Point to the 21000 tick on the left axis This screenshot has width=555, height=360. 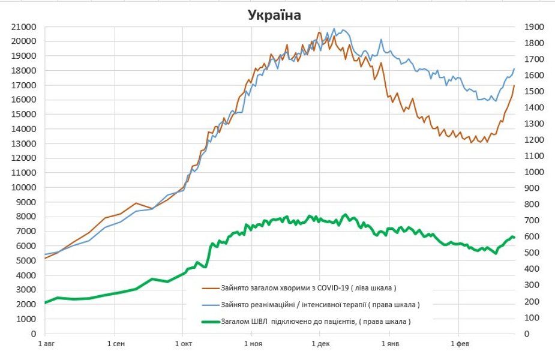(24, 27)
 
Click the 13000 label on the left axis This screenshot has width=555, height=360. (24, 143)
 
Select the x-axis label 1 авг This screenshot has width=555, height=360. (46, 344)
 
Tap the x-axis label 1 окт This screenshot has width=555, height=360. (184, 344)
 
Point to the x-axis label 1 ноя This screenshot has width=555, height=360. (253, 344)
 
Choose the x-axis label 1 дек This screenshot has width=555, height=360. (320, 344)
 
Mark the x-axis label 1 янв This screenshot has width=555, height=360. (389, 344)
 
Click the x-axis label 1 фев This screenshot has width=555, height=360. (459, 344)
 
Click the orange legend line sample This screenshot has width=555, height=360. (211, 287)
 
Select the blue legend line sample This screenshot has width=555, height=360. (211, 304)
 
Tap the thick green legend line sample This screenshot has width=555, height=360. (211, 322)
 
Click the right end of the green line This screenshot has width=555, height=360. (514, 238)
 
